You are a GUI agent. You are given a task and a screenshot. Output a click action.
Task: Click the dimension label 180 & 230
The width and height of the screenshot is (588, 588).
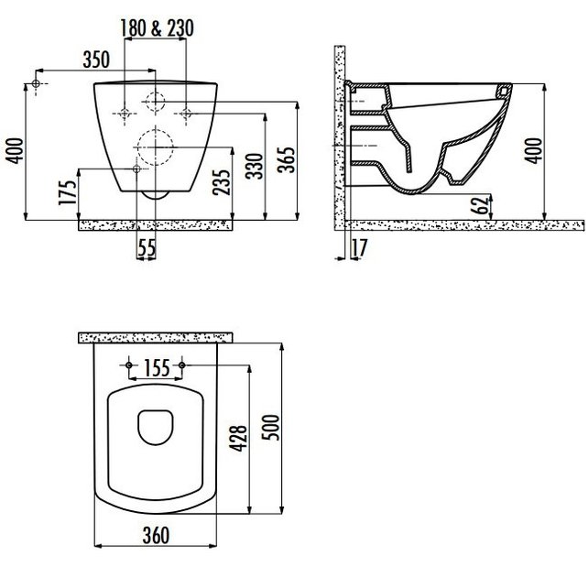(x=157, y=28)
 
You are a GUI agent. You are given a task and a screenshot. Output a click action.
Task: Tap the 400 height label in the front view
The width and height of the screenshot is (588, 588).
(x=12, y=148)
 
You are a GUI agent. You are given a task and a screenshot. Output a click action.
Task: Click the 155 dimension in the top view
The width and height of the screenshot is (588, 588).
(x=157, y=368)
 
